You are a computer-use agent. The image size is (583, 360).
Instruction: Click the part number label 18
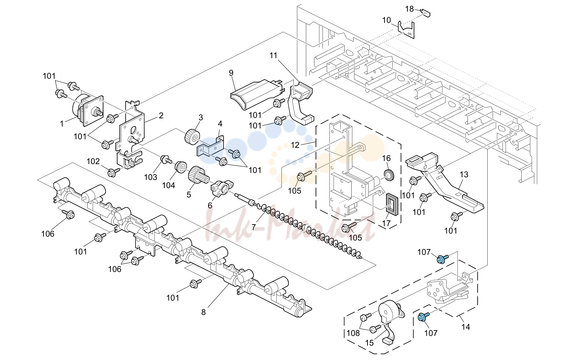(409, 9)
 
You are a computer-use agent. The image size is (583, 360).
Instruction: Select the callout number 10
(386, 20)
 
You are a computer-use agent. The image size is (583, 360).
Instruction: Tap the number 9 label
(231, 73)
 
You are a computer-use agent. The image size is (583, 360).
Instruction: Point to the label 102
(93, 161)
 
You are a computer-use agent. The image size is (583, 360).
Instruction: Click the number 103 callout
(151, 177)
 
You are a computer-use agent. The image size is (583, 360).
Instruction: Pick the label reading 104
(169, 185)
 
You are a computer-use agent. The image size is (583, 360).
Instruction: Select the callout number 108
(353, 333)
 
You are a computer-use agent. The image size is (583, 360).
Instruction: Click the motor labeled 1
(87, 111)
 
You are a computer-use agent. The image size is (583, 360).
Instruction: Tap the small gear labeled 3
(192, 136)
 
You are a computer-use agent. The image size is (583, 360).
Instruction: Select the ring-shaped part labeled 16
(389, 175)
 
